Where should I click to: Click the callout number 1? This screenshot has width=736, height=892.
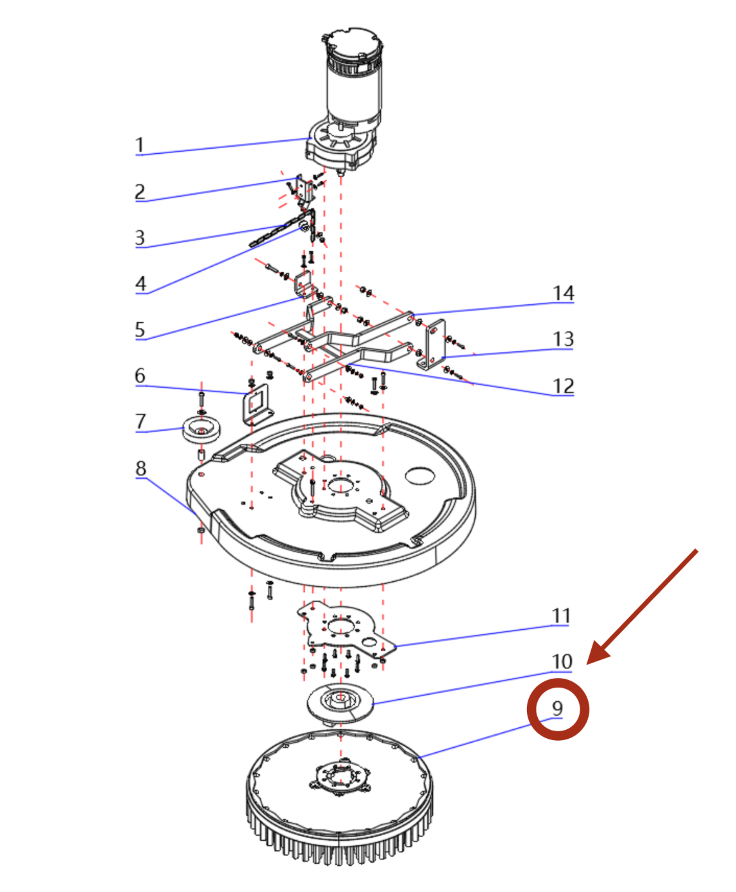[x=139, y=145]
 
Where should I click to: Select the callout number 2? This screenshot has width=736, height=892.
[x=140, y=191]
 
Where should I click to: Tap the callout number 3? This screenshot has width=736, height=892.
[x=140, y=238]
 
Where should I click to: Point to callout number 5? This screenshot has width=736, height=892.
[x=140, y=329]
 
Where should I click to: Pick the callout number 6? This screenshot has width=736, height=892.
[x=140, y=376]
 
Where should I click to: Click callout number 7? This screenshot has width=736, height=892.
[x=140, y=422]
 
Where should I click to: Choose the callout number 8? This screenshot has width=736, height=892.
[x=140, y=468]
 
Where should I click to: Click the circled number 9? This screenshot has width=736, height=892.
[x=557, y=708]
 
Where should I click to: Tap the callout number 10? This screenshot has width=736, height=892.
[x=562, y=661]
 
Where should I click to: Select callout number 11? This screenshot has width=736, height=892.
[x=561, y=616]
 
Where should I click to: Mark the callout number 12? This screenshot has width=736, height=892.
[x=563, y=386]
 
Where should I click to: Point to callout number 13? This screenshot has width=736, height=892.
[x=563, y=339]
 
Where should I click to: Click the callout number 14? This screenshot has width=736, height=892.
[x=563, y=293]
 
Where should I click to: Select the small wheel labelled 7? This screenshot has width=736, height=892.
[x=201, y=429]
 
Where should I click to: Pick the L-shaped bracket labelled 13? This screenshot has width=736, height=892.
[x=435, y=346]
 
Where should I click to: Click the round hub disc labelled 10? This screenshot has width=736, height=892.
[x=339, y=702]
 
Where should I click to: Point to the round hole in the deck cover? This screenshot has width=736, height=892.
[x=420, y=475]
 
